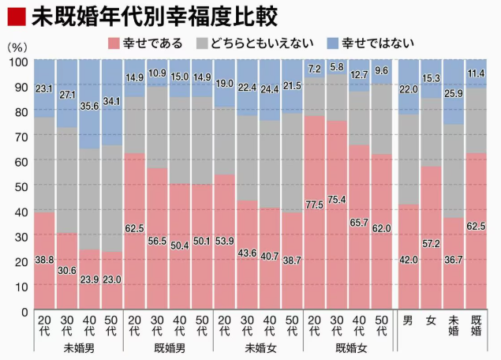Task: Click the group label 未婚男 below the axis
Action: tap(77, 347)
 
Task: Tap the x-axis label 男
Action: tap(408, 321)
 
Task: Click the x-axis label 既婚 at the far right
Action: tap(476, 325)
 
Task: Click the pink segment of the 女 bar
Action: tap(431, 237)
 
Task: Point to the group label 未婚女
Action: tap(259, 347)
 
